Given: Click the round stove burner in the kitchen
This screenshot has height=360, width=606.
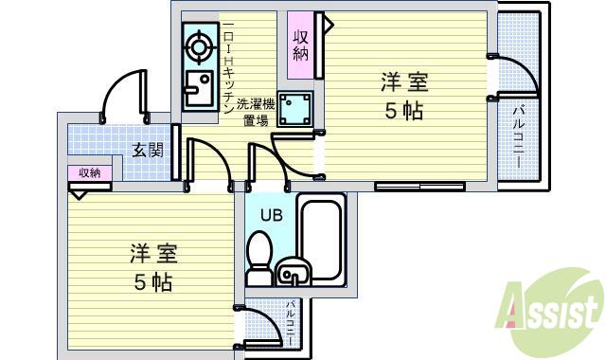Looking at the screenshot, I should coord(199,45).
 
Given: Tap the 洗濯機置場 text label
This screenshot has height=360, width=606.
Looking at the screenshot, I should coord(255,112).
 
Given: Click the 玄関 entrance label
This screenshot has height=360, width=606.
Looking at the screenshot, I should coord(148,150).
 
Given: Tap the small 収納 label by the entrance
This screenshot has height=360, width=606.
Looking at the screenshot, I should coord(89,172).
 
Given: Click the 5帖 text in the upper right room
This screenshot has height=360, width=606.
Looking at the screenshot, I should coord(403,111).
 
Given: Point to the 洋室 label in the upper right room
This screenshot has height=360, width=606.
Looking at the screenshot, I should coord(403,81).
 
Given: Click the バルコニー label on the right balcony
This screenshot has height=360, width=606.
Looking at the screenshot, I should coord(520,138).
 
